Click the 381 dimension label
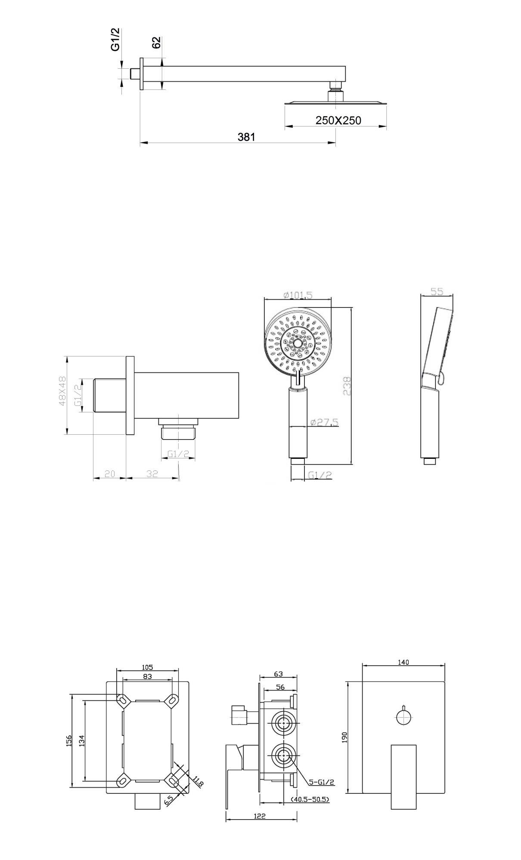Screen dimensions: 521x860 [246, 137]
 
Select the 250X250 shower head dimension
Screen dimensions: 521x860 [338, 120]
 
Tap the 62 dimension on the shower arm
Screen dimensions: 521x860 [156, 43]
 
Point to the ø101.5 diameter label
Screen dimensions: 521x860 [298, 295]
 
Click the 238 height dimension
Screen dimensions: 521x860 [347, 386]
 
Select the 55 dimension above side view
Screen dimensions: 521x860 [437, 291]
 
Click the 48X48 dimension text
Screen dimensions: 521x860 [62, 391]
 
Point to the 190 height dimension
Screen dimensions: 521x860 [344, 737]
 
